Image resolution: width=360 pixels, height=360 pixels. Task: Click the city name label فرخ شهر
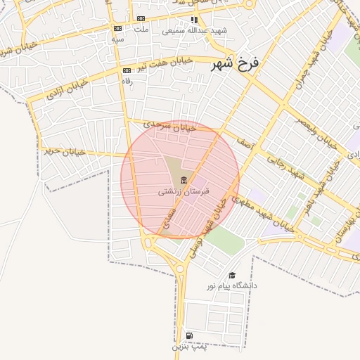coord(235,64)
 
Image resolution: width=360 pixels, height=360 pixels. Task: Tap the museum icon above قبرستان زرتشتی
coord(184,180)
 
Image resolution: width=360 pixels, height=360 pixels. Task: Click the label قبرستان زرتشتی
coord(171,191)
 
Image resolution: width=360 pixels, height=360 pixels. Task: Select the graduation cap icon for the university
coord(232,275)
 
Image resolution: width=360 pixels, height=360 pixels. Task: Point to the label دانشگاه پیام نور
coord(231,285)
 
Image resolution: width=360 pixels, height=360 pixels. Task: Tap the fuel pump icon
coord(188,336)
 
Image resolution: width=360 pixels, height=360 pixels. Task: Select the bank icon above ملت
coord(141,19)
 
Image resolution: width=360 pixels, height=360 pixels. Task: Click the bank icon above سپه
coord(117,28)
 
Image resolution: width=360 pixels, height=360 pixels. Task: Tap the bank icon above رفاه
coord(127,70)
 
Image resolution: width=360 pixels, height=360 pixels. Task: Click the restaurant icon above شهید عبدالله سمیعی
coord(194,20)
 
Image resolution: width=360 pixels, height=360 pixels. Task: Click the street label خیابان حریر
coord(64,150)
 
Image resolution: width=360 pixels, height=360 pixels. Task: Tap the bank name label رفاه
coord(127,80)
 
